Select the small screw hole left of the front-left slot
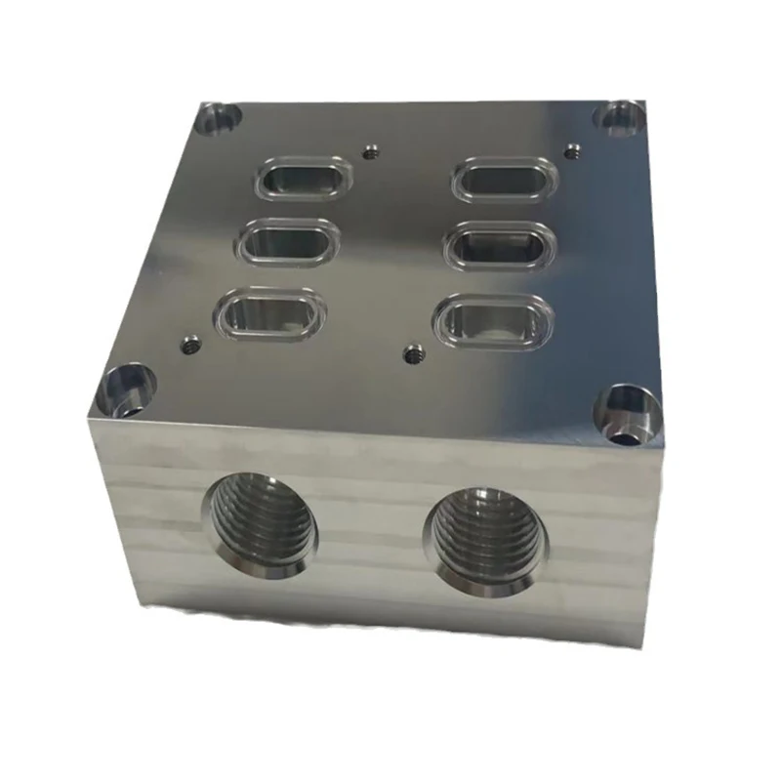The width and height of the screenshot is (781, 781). click(190, 343)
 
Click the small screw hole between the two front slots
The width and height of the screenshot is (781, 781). click(414, 351)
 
